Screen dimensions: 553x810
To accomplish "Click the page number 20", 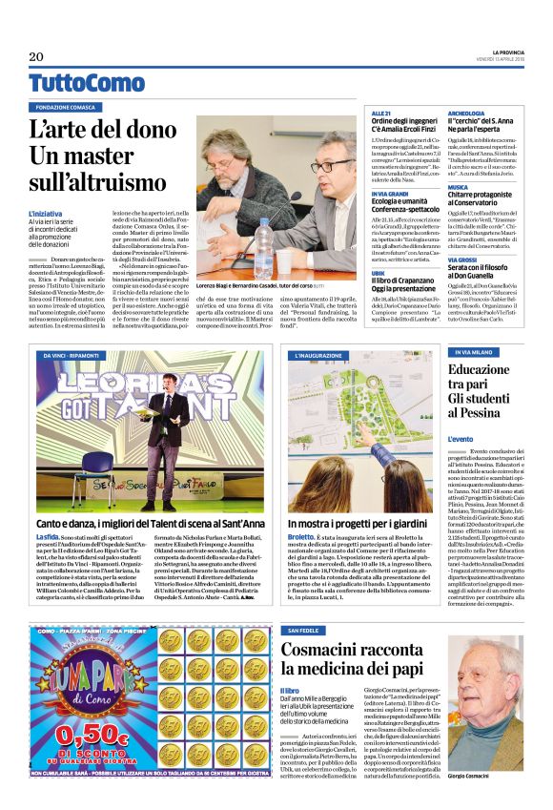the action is pyautogui.click(x=36, y=56).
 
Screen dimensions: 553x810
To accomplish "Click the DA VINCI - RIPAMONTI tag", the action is pyautogui.click(x=77, y=355).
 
